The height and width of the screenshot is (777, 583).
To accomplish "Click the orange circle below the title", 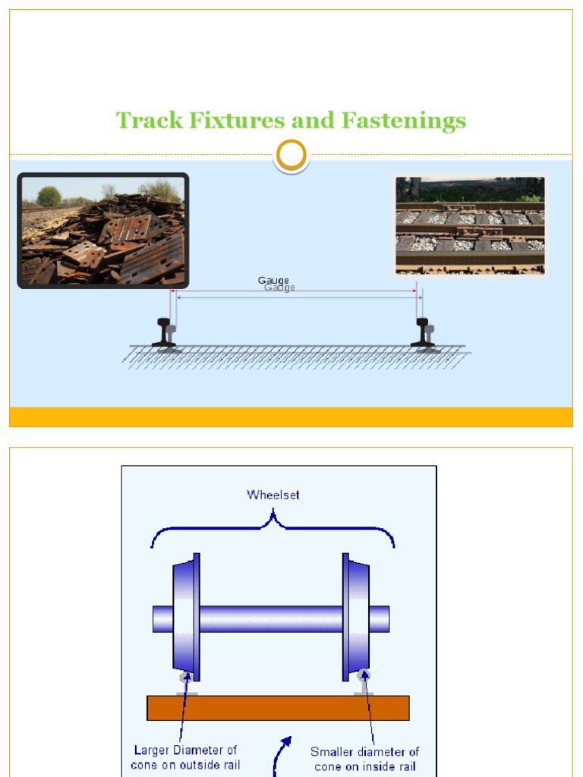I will [x=291, y=155].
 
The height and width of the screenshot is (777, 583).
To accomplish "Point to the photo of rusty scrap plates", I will [x=103, y=231].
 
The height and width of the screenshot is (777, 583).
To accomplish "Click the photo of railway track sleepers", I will [x=470, y=226].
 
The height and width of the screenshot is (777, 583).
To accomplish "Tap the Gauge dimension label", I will [x=274, y=282].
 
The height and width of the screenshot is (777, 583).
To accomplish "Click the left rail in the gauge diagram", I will [x=164, y=332].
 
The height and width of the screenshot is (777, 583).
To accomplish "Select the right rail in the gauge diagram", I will [x=423, y=332].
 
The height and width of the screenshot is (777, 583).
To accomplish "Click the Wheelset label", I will [x=273, y=495].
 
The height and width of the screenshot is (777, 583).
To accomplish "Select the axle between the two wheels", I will [x=271, y=618].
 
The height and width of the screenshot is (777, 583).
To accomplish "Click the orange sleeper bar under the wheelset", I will [x=278, y=708].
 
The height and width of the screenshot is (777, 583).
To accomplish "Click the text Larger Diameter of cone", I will [x=185, y=757].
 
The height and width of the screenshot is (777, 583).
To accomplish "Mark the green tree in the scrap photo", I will [x=49, y=196].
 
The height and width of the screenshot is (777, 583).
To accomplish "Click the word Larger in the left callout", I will [x=153, y=750].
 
